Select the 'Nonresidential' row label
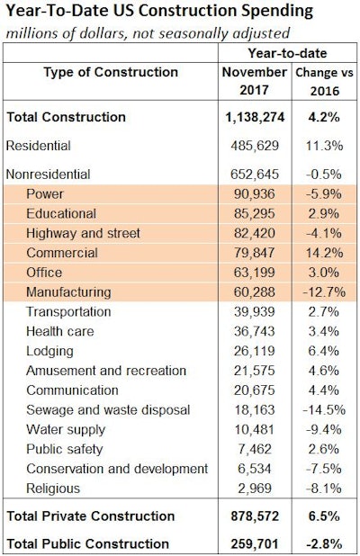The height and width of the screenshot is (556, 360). (x=49, y=173)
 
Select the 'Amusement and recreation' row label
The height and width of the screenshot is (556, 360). (x=106, y=372)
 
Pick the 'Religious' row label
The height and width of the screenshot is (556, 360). (x=55, y=489)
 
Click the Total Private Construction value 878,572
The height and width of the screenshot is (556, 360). (x=256, y=516)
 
